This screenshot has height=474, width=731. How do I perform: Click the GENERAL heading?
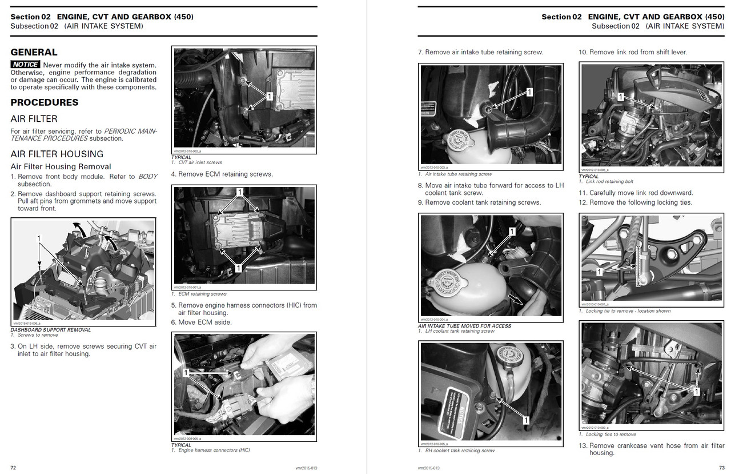34,52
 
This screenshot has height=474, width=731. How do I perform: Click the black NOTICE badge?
25,65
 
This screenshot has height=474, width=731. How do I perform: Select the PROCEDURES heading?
45,102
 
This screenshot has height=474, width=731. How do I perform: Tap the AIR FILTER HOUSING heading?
57,154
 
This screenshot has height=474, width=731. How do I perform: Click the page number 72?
13,467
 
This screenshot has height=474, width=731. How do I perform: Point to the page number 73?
721,467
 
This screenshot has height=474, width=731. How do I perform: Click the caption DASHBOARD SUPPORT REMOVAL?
50,330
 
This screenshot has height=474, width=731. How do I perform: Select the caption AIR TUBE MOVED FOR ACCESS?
464,326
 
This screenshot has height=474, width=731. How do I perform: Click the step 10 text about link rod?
633,52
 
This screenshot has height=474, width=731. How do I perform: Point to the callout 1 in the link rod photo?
620,98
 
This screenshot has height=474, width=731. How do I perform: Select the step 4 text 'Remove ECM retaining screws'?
222,174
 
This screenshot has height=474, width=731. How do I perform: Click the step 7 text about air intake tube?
480,52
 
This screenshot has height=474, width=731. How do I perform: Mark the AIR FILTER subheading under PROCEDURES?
34,118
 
